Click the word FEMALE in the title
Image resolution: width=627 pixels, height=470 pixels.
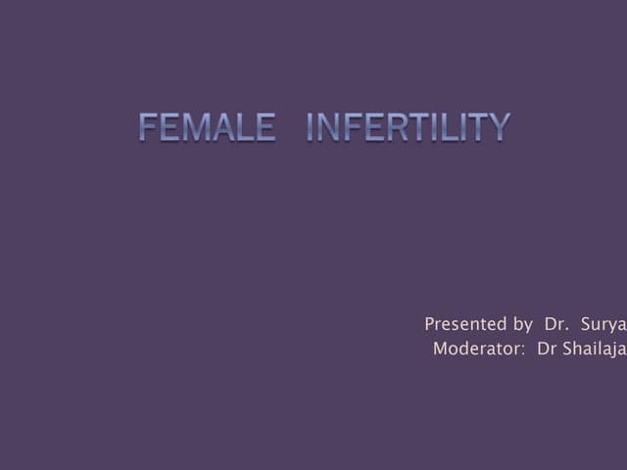pyautogui.click(x=207, y=127)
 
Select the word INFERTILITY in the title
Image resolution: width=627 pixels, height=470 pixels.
pyautogui.click(x=409, y=127)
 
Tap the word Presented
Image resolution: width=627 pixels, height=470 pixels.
pyautogui.click(x=465, y=324)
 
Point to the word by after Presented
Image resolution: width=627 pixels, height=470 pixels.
pyautogui.click(x=523, y=325)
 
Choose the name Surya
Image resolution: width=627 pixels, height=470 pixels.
pyautogui.click(x=603, y=325)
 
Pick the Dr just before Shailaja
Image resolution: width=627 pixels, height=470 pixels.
pyautogui.click(x=546, y=350)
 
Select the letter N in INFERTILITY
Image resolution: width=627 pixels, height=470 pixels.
pyautogui.click(x=331, y=127)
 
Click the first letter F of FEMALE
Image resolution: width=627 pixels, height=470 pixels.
pyautogui.click(x=149, y=127)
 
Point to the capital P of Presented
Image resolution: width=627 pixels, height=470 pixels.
pyautogui.click(x=430, y=324)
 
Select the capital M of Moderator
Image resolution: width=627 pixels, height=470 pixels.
pyautogui.click(x=440, y=350)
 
